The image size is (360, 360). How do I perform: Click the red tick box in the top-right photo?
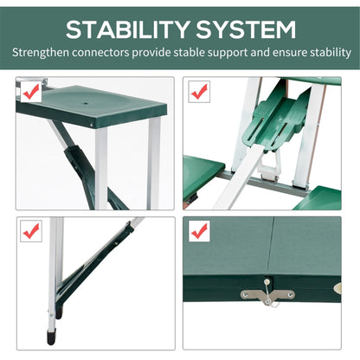[199, 91]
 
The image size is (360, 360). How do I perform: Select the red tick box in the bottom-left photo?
[30, 231]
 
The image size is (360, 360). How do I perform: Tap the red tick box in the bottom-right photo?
[199, 231]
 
